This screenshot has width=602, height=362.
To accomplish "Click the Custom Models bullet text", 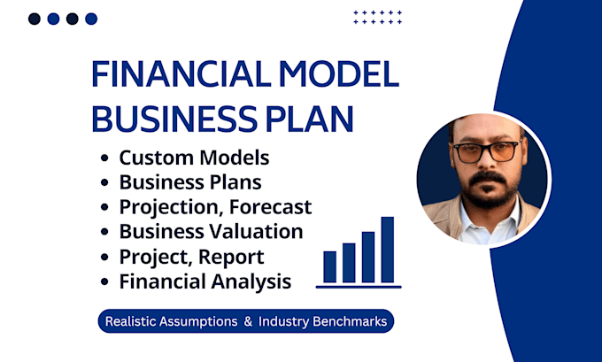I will pyautogui.click(x=193, y=159).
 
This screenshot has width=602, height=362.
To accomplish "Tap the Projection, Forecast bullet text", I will pyautogui.click(x=215, y=208).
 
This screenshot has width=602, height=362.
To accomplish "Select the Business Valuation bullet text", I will pyautogui.click(x=211, y=232).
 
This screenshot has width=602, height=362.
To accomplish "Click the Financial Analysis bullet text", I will pyautogui.click(x=205, y=282).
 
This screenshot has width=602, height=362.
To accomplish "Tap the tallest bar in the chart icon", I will pyautogui.click(x=387, y=249).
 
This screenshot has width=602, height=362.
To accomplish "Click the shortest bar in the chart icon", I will pyautogui.click(x=329, y=266).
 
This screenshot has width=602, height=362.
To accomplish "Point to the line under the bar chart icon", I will pyautogui.click(x=359, y=286).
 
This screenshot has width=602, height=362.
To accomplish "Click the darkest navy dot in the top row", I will pyautogui.click(x=34, y=19).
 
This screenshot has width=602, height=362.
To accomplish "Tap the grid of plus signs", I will pyautogui.click(x=377, y=18).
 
